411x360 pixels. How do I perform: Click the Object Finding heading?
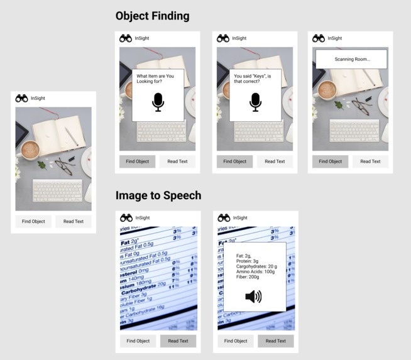[x=152, y=16]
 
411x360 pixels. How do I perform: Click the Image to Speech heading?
[x=158, y=195]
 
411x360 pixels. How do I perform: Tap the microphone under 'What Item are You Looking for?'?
[x=158, y=102]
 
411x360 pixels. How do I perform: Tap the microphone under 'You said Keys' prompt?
[x=255, y=102]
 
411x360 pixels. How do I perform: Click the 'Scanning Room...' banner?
[x=351, y=59]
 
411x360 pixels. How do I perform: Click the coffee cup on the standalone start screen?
[x=30, y=150]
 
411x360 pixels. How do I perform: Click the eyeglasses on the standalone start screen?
[x=64, y=166]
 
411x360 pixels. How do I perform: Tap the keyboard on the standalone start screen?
[x=57, y=189]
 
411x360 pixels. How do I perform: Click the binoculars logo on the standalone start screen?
[x=21, y=98]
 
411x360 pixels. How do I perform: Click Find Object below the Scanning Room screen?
[x=330, y=161]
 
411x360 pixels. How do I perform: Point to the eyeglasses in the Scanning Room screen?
[x=361, y=105]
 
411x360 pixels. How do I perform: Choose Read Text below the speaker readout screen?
[x=275, y=341]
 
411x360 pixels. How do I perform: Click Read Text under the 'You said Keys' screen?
[x=275, y=161]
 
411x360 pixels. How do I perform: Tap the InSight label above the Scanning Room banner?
[x=335, y=38]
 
